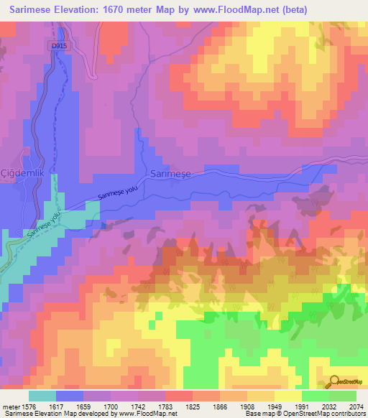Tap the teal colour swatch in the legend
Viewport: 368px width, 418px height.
tap(42, 396)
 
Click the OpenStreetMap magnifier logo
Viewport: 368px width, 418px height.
tap(333, 381)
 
